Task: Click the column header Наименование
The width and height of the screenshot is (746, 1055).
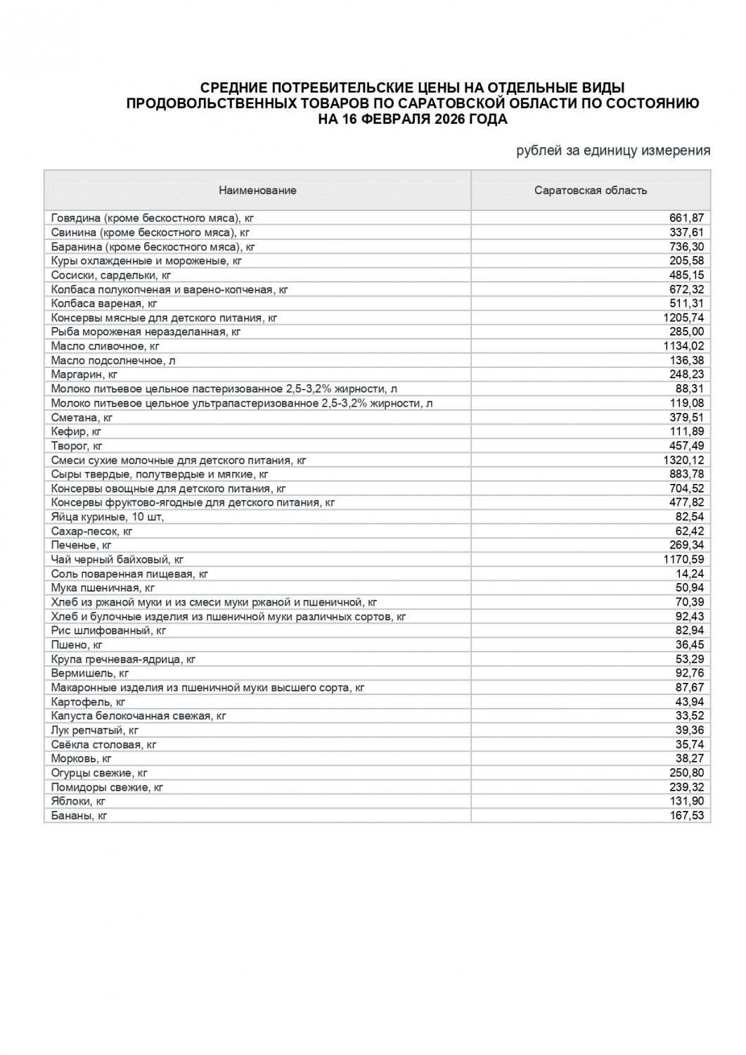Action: tap(257, 191)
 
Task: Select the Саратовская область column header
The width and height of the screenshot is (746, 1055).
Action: tap(591, 191)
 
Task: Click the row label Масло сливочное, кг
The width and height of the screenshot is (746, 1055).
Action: tap(105, 346)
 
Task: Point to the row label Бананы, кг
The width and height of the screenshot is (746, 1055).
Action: tap(79, 816)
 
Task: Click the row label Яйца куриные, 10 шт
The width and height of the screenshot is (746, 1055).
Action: tap(107, 517)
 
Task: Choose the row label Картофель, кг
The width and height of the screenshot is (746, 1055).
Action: tap(89, 702)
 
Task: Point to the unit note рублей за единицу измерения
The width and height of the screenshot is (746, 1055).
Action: tap(613, 151)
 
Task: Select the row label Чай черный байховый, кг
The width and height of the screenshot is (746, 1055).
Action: tap(117, 560)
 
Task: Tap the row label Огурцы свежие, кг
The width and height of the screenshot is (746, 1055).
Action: tap(99, 773)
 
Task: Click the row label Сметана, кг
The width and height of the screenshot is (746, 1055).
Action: tap(82, 418)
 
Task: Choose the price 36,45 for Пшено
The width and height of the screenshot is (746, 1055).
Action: tap(690, 645)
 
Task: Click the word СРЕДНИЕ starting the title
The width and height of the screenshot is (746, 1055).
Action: tap(234, 88)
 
